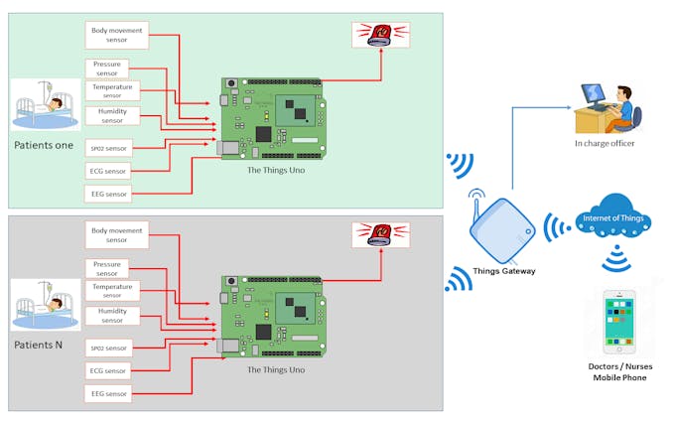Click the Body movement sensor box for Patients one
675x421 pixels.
point(117,36)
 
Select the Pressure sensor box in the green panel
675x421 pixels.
point(107,69)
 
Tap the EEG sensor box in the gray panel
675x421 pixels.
point(109,393)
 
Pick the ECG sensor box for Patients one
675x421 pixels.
point(109,170)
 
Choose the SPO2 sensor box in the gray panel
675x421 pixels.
point(109,348)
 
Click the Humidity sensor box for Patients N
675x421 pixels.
point(112,316)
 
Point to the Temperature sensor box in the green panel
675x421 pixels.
point(112,91)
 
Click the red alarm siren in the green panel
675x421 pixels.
point(380,36)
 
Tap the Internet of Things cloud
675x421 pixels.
point(610,217)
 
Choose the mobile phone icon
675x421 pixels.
point(620,322)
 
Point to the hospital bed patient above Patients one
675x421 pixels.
point(46,105)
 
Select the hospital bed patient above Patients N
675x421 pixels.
point(46,304)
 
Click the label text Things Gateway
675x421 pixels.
point(503,270)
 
